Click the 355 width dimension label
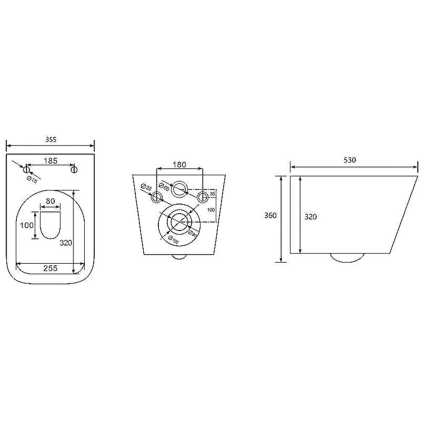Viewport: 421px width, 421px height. tap(51, 139)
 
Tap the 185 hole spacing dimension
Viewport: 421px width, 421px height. tap(51, 161)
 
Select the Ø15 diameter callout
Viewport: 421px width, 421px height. tap(32, 179)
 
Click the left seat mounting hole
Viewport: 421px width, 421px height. tap(26, 169)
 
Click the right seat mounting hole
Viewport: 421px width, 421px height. tap(74, 169)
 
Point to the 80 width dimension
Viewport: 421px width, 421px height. tap(51, 201)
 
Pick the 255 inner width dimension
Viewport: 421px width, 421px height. tap(51, 268)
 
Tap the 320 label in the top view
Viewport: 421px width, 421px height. tap(66, 243)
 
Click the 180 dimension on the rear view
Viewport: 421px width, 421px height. tap(179, 165)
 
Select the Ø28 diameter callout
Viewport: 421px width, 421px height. tap(146, 187)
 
